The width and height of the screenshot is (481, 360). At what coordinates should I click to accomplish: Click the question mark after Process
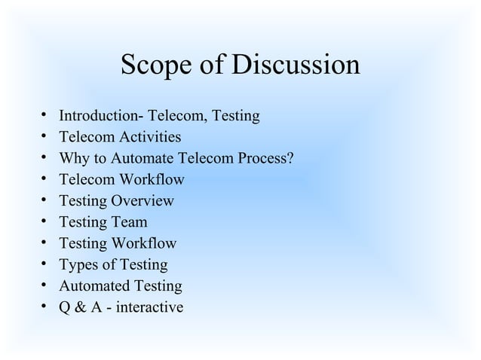tap(290, 159)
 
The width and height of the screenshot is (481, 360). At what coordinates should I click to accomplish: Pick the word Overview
tap(142, 201)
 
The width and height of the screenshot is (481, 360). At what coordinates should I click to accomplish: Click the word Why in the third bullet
tap(75, 159)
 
